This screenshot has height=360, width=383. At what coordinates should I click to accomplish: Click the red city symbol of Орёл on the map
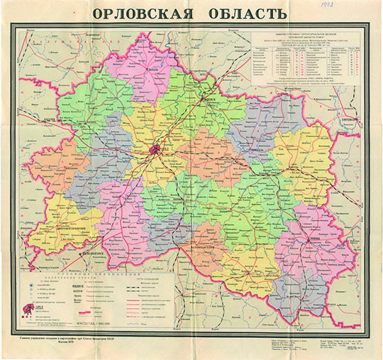coord(155,149)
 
